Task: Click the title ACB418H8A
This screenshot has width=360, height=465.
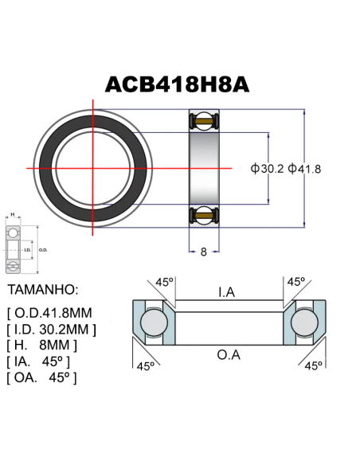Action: click(179, 85)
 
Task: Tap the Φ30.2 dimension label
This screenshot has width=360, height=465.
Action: click(267, 169)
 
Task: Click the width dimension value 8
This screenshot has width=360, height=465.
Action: click(204, 252)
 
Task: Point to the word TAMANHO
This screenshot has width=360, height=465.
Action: click(41, 287)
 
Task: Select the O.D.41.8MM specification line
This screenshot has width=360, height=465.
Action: click(50, 310)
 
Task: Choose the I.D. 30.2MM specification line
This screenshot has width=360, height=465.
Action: click(52, 327)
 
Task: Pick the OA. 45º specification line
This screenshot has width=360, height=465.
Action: click(41, 377)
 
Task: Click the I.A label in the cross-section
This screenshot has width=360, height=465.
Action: click(226, 292)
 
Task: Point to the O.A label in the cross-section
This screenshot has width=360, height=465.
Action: click(228, 354)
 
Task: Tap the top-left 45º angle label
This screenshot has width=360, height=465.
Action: click(163, 281)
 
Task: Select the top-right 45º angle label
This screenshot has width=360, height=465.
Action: click(296, 281)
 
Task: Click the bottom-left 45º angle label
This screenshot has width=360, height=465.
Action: click(145, 366)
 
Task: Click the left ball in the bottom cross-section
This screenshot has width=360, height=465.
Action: click(152, 323)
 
